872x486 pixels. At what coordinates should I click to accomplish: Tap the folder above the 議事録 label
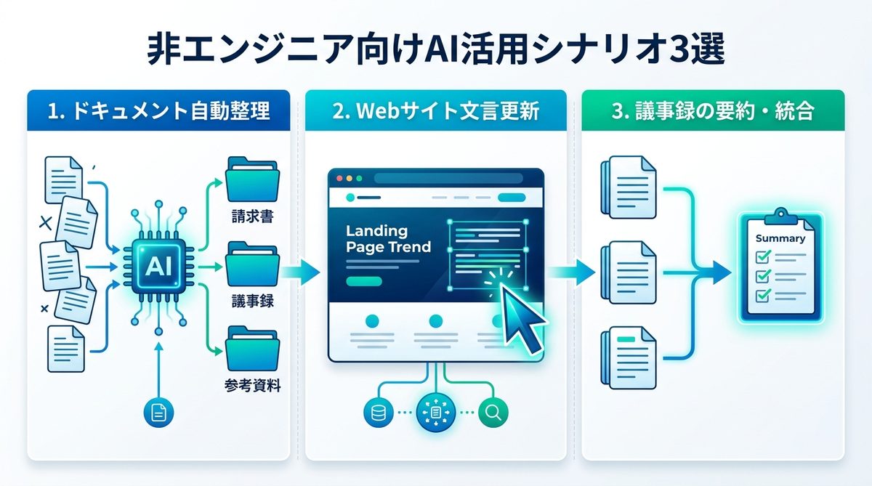pos(251,266)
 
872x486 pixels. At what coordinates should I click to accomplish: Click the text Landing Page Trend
pos(388,238)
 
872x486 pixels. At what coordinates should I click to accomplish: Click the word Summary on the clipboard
pos(780,238)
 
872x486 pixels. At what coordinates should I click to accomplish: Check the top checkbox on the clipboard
pos(763,256)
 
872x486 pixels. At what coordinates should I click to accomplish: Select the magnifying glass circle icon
pos(493,413)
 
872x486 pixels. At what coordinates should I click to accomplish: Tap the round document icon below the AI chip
pos(157,413)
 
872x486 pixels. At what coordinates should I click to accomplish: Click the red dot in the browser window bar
pos(338,177)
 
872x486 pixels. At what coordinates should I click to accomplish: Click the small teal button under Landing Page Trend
pos(364,281)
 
